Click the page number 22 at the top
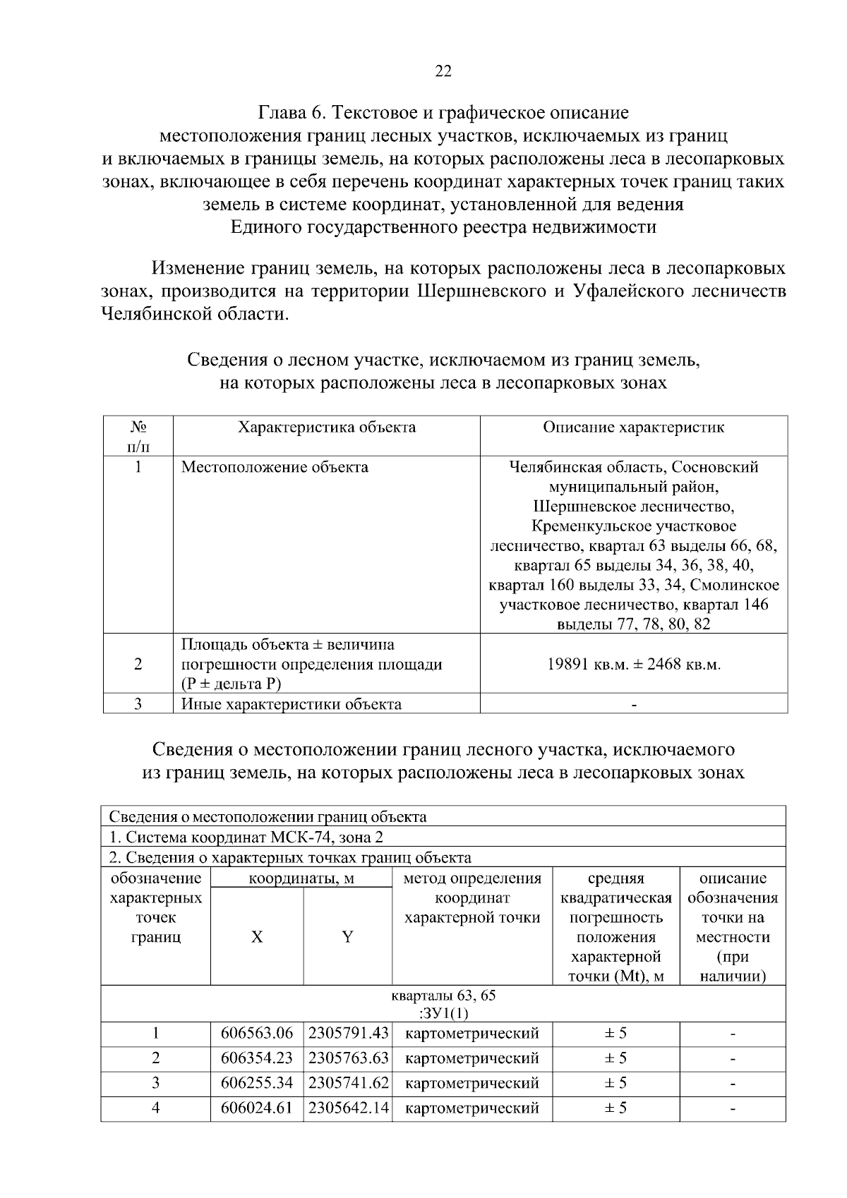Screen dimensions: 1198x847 tap(443, 71)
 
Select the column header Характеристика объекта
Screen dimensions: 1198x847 tap(327, 428)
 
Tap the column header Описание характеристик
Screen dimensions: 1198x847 tap(633, 428)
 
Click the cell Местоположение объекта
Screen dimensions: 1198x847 tap(275, 467)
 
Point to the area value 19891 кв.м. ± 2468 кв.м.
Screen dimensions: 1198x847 tap(633, 665)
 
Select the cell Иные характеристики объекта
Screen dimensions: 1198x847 tap(292, 704)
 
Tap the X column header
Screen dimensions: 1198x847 tap(257, 937)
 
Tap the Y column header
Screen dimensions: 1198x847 tap(347, 937)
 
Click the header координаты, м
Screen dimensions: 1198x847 tap(301, 878)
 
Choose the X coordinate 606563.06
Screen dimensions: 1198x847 tap(257, 1034)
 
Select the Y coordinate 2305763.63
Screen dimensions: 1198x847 tap(349, 1058)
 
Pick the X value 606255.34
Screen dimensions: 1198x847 tap(257, 1083)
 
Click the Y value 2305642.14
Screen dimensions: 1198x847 tap(349, 1108)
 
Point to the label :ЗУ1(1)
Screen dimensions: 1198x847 tap(443, 1014)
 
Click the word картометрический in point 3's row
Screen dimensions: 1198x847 tap(472, 1083)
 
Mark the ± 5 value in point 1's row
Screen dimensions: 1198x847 tap(615, 1034)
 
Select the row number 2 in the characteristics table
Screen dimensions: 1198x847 tap(138, 665)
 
